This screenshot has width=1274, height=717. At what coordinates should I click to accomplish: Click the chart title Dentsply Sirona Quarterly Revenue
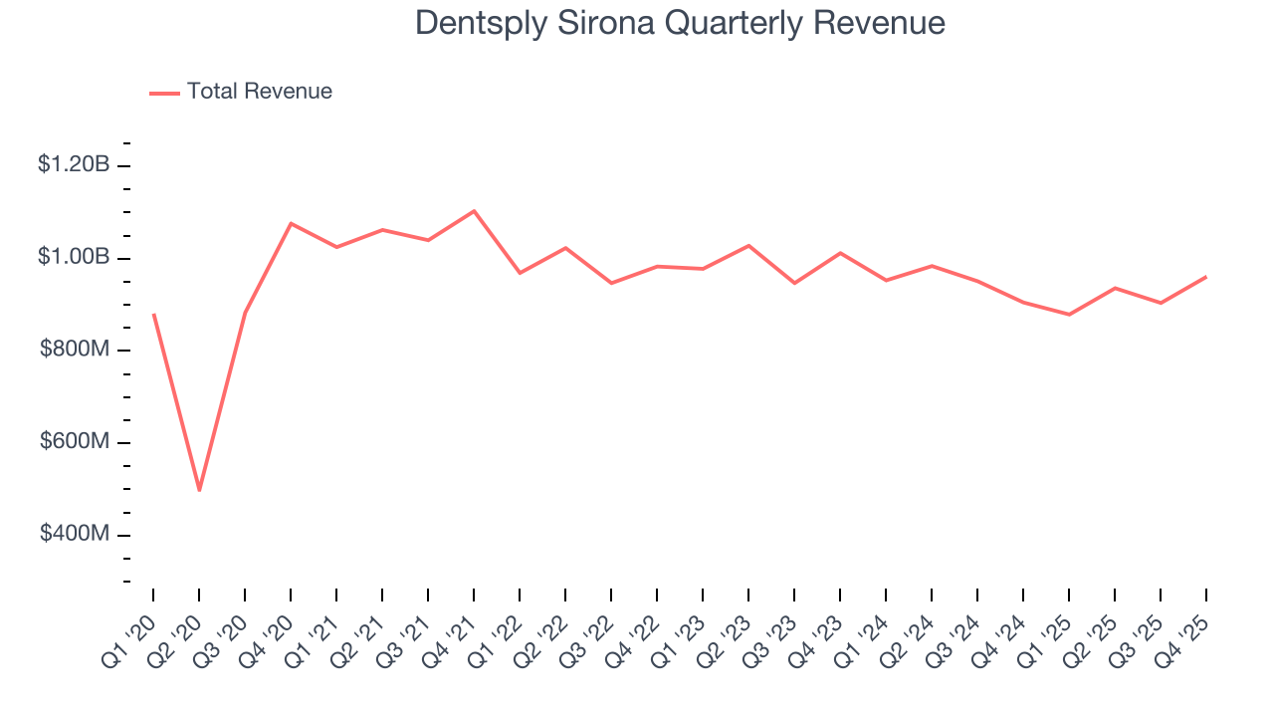click(x=680, y=23)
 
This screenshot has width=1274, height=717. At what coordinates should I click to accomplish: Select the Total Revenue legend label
click(x=259, y=92)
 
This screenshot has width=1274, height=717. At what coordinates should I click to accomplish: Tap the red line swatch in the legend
click(x=164, y=93)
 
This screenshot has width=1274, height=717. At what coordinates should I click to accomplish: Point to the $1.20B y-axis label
click(x=73, y=164)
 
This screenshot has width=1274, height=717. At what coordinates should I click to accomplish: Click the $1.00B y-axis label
click(x=73, y=257)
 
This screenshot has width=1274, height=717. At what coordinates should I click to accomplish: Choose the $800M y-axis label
click(x=74, y=350)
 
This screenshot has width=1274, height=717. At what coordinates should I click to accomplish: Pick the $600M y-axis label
click(x=74, y=442)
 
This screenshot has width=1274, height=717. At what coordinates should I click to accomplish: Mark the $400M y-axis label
click(x=74, y=535)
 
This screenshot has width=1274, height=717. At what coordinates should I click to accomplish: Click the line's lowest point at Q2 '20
click(x=199, y=490)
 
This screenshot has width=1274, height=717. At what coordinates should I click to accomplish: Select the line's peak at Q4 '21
click(x=474, y=211)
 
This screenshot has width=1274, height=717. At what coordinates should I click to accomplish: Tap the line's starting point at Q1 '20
click(x=153, y=315)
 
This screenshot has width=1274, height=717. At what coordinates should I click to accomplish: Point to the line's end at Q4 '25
click(x=1206, y=277)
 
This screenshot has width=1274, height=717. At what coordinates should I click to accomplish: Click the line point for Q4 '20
click(x=291, y=223)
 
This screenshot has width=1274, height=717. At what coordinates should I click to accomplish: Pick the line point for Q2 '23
click(x=748, y=245)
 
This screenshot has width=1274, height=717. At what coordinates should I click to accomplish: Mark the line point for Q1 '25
click(x=1069, y=315)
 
